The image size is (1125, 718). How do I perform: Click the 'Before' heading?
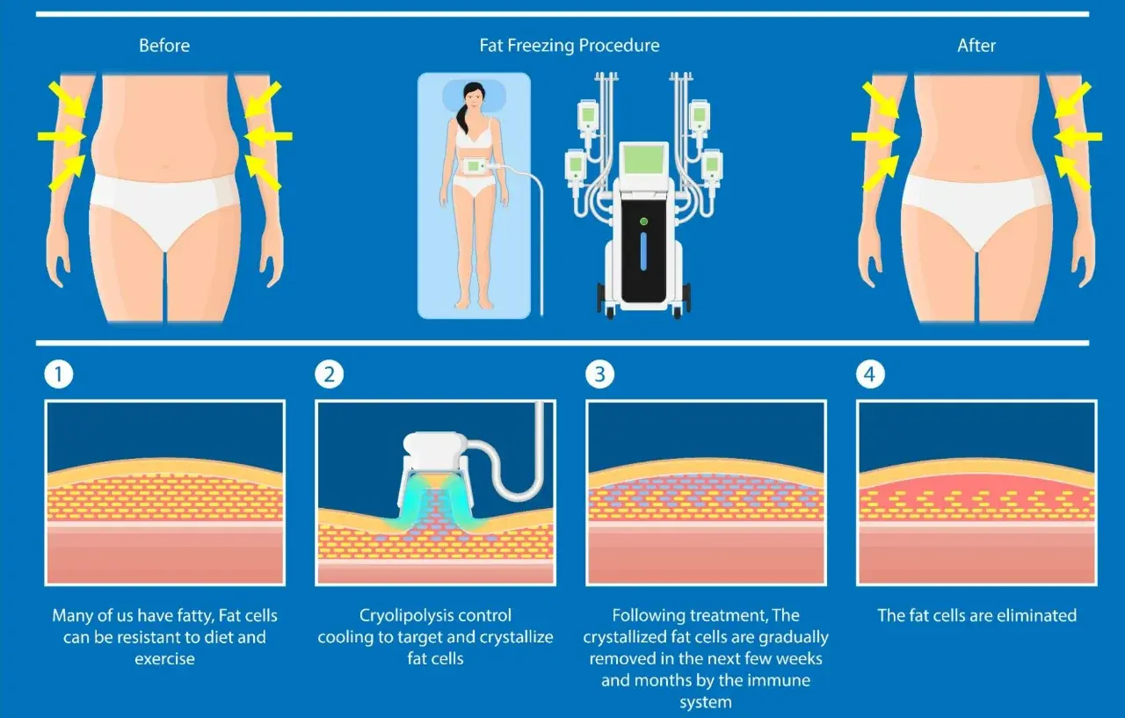(x=164, y=46)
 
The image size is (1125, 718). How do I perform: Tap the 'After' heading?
(x=976, y=46)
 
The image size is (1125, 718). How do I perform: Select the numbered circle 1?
(x=59, y=374)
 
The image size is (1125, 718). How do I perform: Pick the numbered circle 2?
(x=330, y=374)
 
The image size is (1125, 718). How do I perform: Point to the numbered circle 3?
(x=599, y=374)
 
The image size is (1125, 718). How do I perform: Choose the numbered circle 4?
(x=870, y=374)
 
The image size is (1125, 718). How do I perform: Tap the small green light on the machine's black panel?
(x=643, y=221)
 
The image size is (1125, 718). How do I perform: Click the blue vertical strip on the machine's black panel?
(x=643, y=251)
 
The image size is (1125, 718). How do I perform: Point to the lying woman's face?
(x=474, y=98)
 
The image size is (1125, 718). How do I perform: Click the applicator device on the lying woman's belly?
(x=475, y=166)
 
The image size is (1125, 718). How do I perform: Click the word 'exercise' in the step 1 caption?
(x=164, y=659)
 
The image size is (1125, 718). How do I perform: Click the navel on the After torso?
(x=976, y=167)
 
